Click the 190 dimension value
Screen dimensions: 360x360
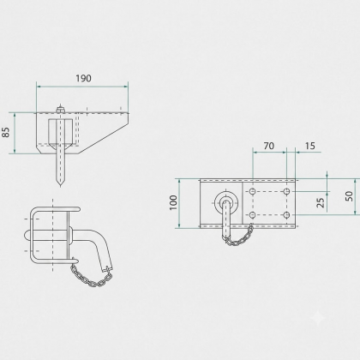[x=83, y=78]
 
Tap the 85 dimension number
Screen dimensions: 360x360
[x=6, y=132]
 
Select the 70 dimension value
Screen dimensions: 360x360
[x=269, y=146]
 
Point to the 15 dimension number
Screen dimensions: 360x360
[x=310, y=146]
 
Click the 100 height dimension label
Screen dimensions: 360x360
[x=173, y=202]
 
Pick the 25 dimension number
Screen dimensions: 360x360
[x=321, y=202]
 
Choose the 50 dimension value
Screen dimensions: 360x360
[x=349, y=196]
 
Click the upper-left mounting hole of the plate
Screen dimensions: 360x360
[x=252, y=191]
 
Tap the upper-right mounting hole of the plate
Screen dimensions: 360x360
[x=287, y=191]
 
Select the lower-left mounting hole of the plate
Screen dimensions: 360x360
[x=252, y=215]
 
